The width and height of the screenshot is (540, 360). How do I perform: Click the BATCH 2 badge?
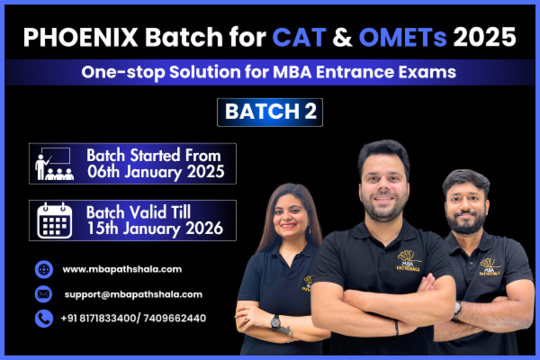270,112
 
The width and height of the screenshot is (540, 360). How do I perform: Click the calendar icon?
54,220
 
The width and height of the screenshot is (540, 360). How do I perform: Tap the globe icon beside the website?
44,269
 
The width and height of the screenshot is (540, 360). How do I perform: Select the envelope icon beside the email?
44,293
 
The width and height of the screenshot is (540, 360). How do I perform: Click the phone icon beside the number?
44,318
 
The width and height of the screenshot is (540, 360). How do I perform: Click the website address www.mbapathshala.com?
122,269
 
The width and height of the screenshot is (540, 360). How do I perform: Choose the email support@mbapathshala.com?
133,293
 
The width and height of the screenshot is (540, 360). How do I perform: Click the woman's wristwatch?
275,321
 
